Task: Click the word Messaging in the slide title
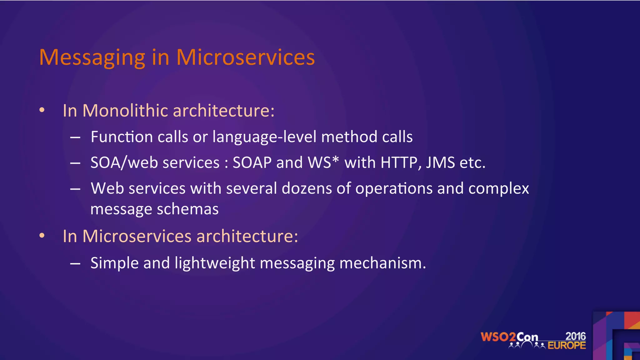pos(92,58)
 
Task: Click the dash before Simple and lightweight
pos(75,263)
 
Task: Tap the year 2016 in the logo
pos(575,336)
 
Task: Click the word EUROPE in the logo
pos(567,345)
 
